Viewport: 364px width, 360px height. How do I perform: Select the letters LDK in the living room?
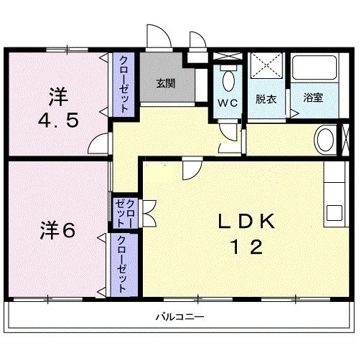[x=246, y=222]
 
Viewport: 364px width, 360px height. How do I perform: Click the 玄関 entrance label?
[x=167, y=83]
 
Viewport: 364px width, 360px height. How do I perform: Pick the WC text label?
[x=228, y=102]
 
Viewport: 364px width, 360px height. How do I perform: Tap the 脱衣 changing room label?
[x=266, y=99]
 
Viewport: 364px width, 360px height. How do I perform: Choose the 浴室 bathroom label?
[x=312, y=97]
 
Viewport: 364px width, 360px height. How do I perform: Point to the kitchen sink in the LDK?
[x=335, y=213]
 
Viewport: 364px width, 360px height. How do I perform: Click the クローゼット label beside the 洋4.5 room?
[x=124, y=84]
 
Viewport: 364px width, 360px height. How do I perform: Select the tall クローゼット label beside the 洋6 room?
[x=122, y=264]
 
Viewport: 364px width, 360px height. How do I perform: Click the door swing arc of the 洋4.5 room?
[x=98, y=144]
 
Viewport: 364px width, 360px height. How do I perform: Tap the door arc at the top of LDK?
[x=190, y=169]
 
